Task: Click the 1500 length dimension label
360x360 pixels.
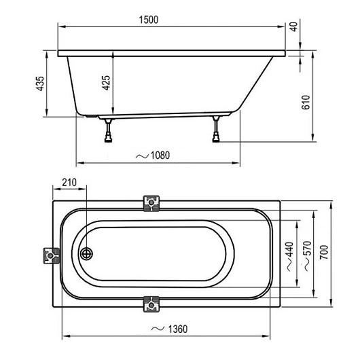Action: [149, 20]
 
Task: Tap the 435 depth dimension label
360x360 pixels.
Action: [40, 84]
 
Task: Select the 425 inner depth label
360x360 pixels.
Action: [106, 83]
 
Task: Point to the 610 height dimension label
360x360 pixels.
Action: [306, 102]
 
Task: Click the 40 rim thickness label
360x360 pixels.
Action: [293, 26]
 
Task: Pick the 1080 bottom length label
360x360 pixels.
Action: [160, 156]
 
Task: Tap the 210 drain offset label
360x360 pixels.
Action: [69, 183]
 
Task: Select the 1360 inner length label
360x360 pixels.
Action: [178, 329]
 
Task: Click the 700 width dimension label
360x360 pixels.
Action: [324, 252]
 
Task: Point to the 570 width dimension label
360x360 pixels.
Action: [307, 248]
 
